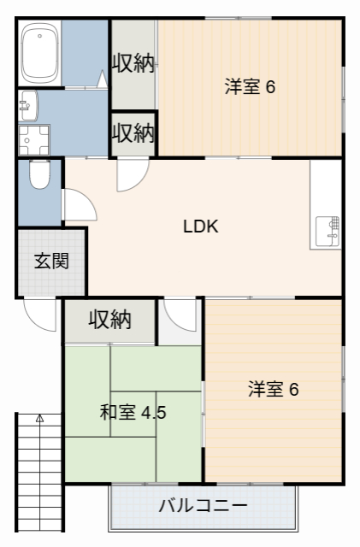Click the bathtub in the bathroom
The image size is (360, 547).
click(39, 52)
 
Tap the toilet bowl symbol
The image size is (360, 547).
click(38, 176)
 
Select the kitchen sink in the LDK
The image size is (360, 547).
click(328, 231)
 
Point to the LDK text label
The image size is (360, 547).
click(201, 227)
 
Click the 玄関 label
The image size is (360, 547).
click(51, 262)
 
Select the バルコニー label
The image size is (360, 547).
click(204, 505)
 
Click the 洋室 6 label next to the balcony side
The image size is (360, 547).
click(273, 390)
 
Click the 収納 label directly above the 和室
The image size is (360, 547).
click(109, 320)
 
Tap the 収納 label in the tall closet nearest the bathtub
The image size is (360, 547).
click(133, 64)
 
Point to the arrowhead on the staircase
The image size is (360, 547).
click(38, 419)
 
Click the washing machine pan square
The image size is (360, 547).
click(34, 139)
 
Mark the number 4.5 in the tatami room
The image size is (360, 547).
click(153, 413)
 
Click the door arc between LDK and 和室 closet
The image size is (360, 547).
click(180, 316)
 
